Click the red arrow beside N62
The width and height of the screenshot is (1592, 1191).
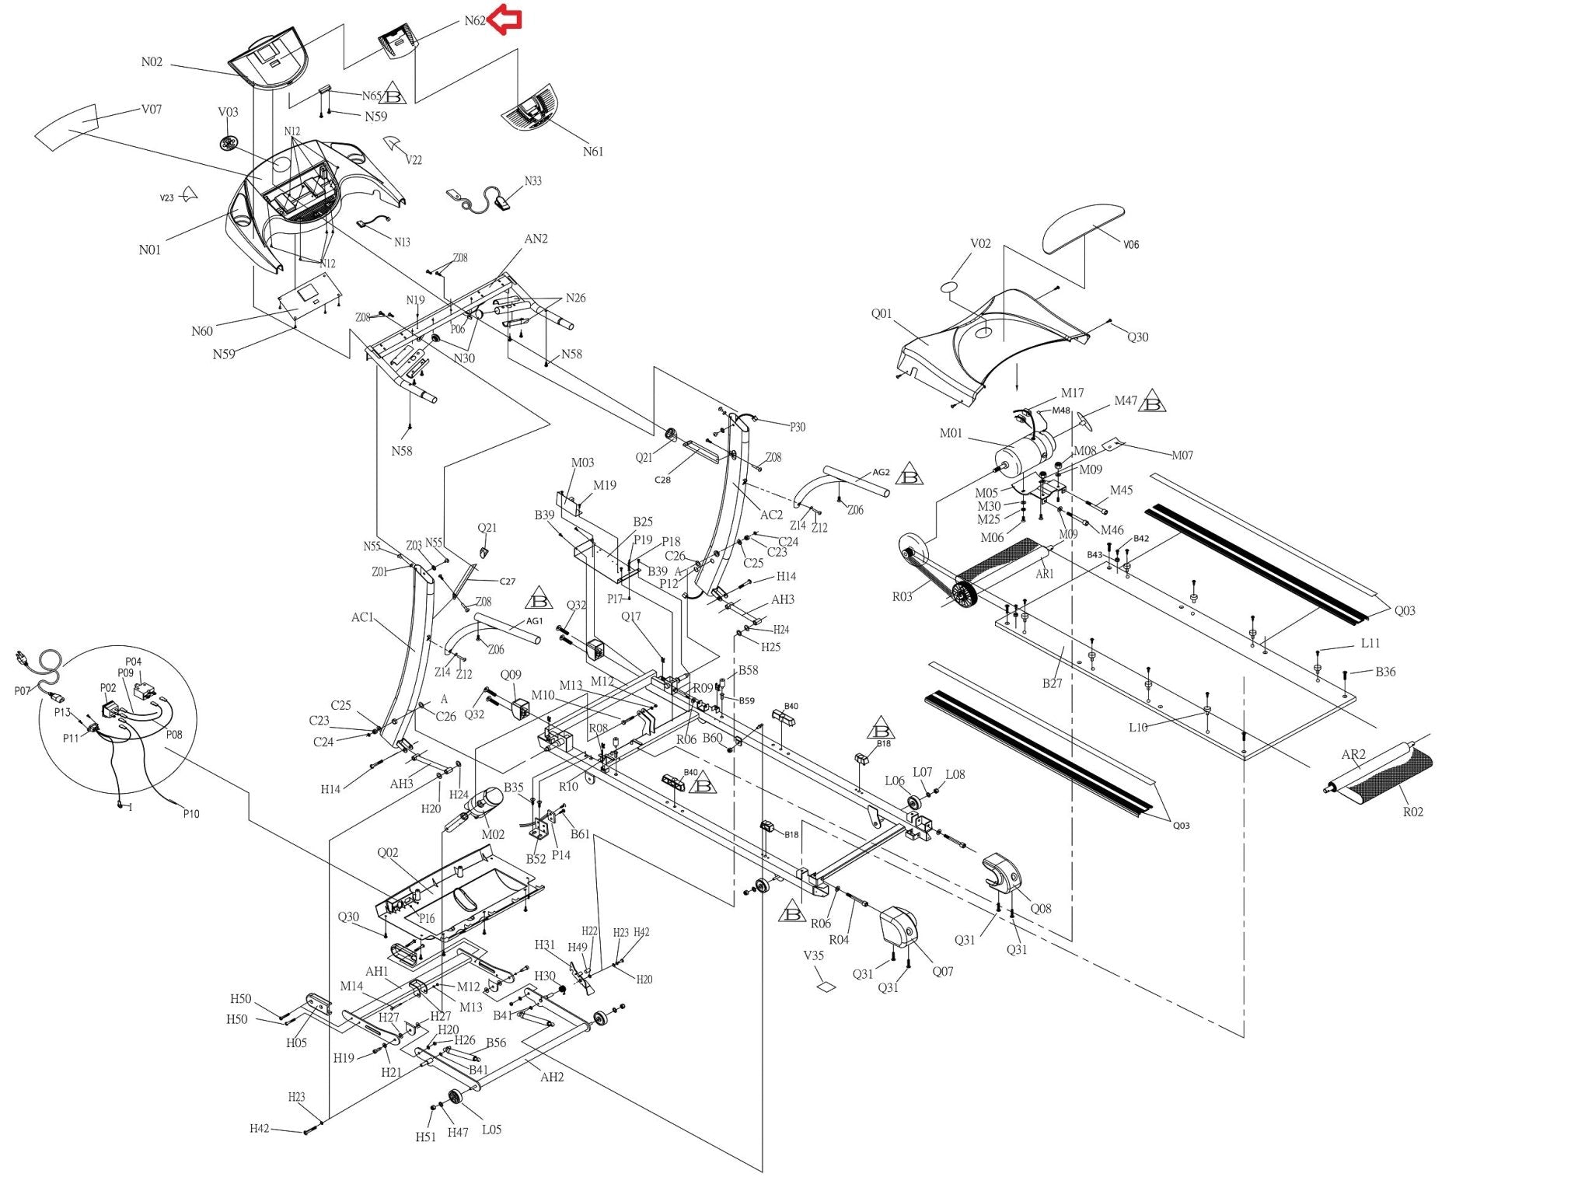tap(506, 19)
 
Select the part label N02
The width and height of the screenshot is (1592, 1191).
tap(152, 62)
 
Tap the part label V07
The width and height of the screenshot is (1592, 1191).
tap(152, 110)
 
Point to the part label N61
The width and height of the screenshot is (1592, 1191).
tap(593, 152)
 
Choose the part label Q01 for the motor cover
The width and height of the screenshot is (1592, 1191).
tap(882, 314)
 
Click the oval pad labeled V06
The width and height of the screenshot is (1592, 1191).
tap(1082, 225)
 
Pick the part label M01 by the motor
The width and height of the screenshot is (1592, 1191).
tap(951, 433)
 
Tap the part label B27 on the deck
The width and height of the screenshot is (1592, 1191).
tap(1052, 683)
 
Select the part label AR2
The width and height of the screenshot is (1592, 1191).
tap(1353, 754)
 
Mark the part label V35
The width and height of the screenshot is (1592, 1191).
tap(814, 955)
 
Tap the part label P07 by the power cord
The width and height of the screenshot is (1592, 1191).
tap(23, 691)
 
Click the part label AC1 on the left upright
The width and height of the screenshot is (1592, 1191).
tap(362, 617)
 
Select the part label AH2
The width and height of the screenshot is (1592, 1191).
tap(552, 1077)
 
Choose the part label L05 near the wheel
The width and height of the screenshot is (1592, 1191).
tap(491, 1130)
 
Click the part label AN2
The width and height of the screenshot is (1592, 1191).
tap(536, 239)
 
